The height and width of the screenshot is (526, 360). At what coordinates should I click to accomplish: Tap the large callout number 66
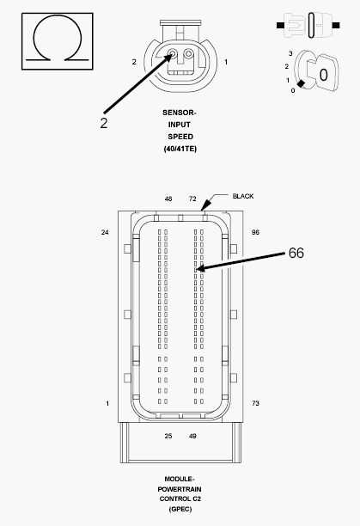pyautogui.click(x=296, y=253)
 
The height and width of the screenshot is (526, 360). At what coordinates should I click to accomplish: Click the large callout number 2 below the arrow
pyautogui.click(x=104, y=123)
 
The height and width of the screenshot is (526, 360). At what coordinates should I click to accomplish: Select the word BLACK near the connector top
pyautogui.click(x=243, y=196)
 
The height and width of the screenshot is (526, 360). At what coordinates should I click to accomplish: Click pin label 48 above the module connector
pyautogui.click(x=168, y=199)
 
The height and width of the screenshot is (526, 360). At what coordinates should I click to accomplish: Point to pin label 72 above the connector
pyautogui.click(x=192, y=199)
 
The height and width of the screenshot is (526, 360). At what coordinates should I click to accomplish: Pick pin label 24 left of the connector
pyautogui.click(x=105, y=232)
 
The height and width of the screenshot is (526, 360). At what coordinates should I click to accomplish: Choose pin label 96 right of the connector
pyautogui.click(x=255, y=232)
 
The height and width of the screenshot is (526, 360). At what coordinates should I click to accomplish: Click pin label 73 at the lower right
pyautogui.click(x=255, y=403)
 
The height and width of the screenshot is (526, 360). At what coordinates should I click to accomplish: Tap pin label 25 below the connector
pyautogui.click(x=168, y=436)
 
